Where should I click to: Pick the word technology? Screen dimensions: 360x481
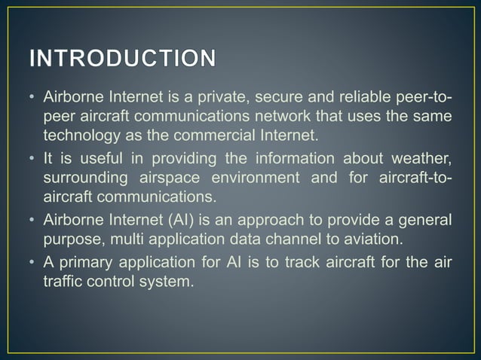[x=77, y=136]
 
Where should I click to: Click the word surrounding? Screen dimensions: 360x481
[x=85, y=179]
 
